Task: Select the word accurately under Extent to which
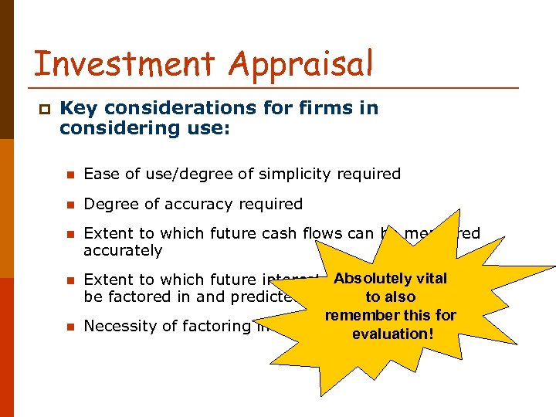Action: click(123, 251)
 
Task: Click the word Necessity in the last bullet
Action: click(119, 326)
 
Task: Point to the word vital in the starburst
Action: click(432, 279)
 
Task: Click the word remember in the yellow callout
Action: click(360, 316)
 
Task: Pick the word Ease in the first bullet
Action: click(99, 175)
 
